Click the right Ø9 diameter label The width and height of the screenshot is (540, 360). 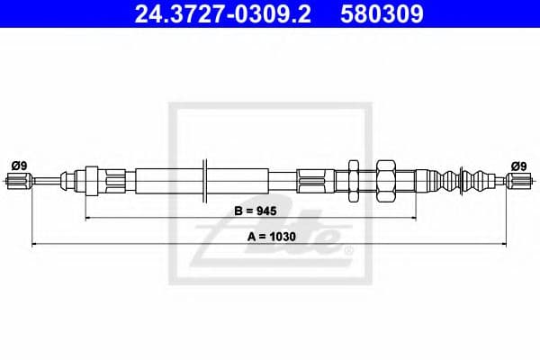click(x=518, y=165)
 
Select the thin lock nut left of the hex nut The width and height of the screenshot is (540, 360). click(x=354, y=181)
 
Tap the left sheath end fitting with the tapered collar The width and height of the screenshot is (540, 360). click(x=94, y=180)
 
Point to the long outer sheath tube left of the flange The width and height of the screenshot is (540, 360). click(x=166, y=180)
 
